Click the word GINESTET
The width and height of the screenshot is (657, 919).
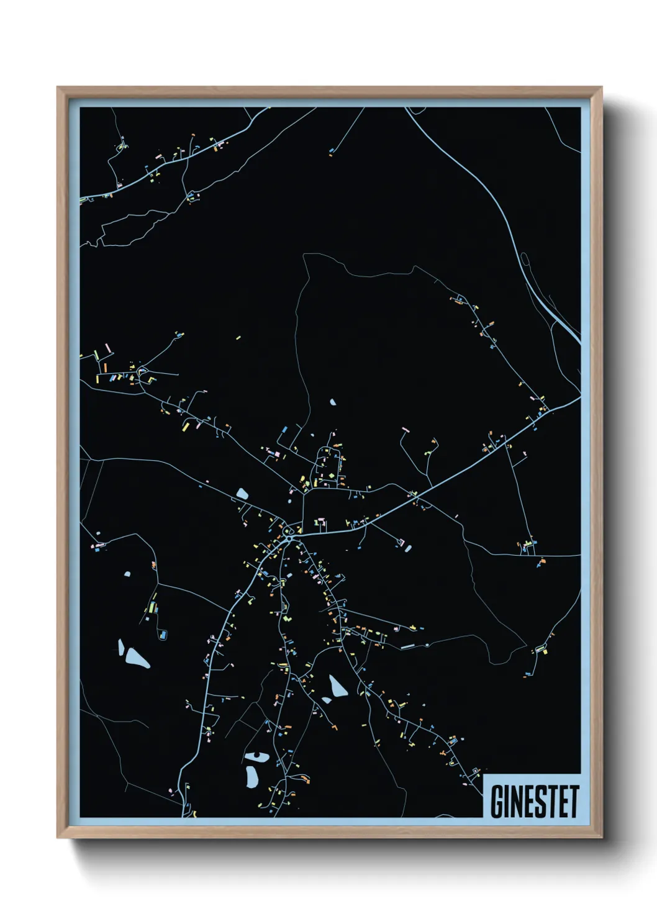(534, 802)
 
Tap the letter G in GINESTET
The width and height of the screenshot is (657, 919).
(497, 802)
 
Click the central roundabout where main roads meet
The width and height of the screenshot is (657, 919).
(289, 532)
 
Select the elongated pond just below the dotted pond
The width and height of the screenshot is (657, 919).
(251, 776)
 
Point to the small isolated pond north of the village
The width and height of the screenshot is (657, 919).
(333, 402)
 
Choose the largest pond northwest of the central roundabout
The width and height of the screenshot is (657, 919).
(242, 494)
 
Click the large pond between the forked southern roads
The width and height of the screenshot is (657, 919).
(337, 686)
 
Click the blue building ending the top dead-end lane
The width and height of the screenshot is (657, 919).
(332, 150)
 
